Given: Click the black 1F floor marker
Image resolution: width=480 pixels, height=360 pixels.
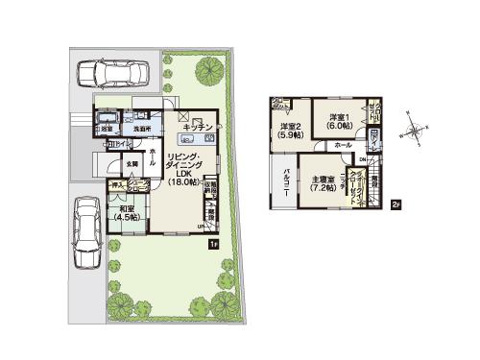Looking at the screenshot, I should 212,244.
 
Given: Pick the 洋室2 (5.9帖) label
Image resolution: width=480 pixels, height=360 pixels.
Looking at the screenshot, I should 291,132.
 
